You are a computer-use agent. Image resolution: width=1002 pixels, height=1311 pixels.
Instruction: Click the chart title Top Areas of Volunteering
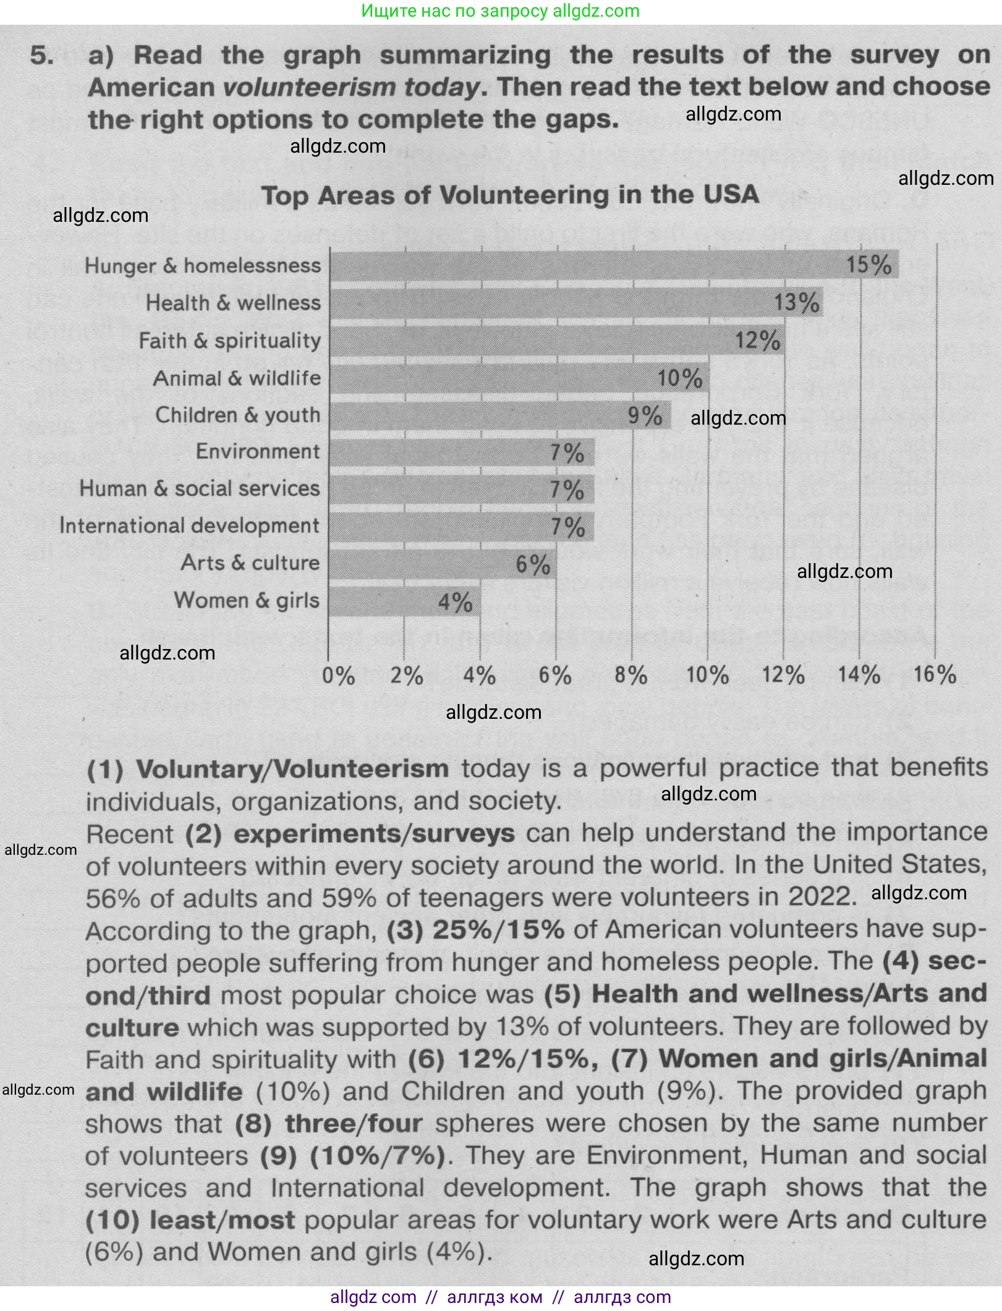(x=510, y=196)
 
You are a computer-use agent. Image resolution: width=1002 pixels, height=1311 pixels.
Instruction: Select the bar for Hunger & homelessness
(x=612, y=265)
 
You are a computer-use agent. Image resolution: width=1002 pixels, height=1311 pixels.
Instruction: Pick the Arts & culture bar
(x=442, y=564)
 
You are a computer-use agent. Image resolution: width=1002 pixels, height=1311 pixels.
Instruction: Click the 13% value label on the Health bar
(x=797, y=303)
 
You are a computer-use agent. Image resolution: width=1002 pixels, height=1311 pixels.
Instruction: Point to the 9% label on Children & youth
(x=645, y=415)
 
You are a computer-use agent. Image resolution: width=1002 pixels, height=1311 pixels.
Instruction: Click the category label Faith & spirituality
(x=230, y=341)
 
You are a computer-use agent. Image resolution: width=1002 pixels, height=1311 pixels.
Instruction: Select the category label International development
(x=189, y=526)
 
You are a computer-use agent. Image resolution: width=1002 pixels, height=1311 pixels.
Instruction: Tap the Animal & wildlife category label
(x=237, y=378)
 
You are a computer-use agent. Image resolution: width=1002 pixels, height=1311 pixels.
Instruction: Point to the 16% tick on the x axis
(x=935, y=674)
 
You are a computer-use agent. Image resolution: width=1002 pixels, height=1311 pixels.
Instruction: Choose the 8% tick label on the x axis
(x=631, y=675)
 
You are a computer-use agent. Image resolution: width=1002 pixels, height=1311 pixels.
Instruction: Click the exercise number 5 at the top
(x=42, y=56)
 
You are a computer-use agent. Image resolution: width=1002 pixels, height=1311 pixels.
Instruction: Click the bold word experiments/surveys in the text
(x=374, y=834)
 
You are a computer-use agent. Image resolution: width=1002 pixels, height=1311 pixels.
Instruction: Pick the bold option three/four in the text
(x=354, y=1123)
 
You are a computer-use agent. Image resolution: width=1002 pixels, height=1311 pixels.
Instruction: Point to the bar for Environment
(x=461, y=452)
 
